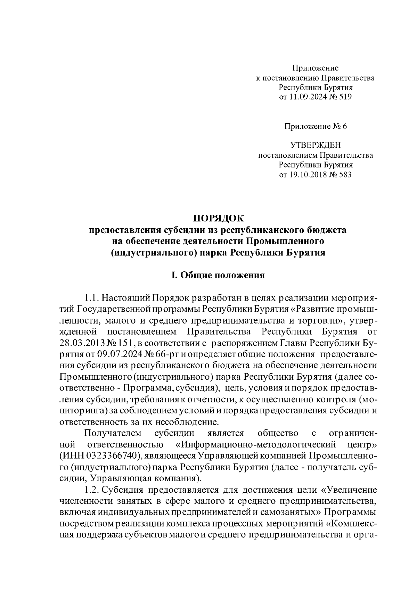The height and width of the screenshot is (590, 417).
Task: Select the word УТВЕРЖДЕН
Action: [316, 145]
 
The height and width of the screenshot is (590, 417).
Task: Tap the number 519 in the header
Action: [345, 97]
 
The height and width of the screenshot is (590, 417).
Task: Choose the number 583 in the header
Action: [345, 174]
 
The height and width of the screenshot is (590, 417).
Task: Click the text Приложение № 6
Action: [316, 126]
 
